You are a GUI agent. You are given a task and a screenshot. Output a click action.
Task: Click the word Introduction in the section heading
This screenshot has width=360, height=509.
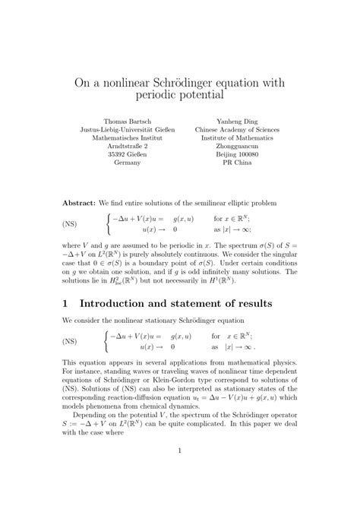click(129, 303)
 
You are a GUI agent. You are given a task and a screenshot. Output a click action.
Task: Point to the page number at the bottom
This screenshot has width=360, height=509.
click(179, 473)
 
